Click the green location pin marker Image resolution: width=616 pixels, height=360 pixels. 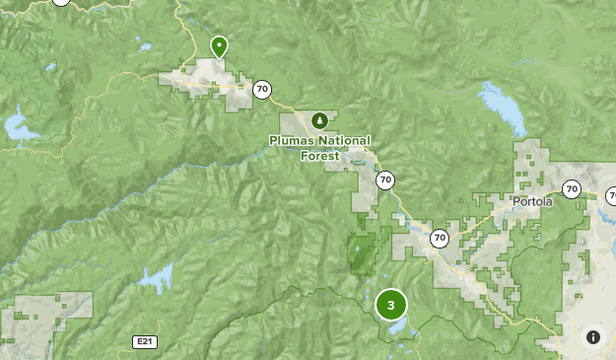[219, 45]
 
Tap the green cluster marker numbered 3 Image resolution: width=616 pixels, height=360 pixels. [391, 304]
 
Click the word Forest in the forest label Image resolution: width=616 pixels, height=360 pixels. [319, 155]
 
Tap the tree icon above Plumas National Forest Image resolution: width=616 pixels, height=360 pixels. [319, 120]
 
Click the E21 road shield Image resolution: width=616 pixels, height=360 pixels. [145, 341]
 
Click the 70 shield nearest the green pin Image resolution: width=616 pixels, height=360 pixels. [261, 90]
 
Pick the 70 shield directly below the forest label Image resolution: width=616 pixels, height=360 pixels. [384, 180]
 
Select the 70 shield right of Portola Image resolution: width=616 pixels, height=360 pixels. [572, 188]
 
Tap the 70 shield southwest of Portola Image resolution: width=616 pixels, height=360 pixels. [439, 238]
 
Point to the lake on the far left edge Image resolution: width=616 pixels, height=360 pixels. [17, 127]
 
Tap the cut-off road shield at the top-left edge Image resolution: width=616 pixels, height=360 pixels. [61, 3]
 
